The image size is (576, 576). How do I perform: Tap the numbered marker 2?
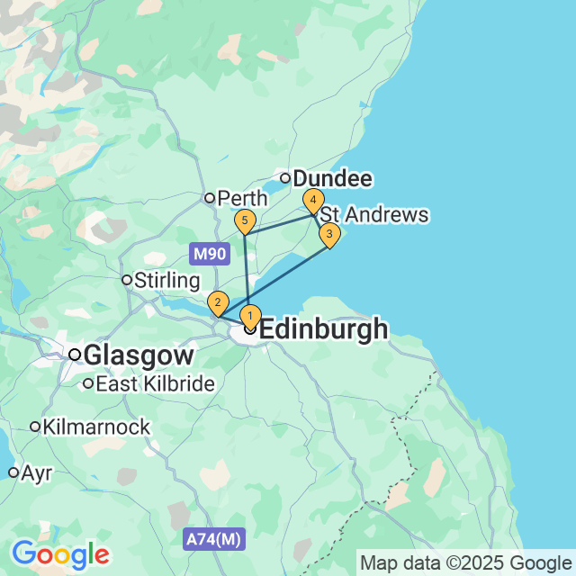217,303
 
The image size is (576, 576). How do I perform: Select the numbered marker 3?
329,236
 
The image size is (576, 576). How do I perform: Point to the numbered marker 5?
244,220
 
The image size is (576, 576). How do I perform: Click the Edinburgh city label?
324,329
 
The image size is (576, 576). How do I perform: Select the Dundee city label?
332,179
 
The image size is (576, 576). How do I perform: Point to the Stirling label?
166,280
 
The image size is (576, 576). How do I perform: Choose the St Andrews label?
374,215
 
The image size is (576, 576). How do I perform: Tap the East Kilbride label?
155,384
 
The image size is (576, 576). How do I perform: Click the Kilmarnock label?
96,427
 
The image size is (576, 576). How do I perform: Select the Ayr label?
37,472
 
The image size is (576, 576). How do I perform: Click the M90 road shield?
208,253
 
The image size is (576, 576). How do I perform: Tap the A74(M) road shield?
213,540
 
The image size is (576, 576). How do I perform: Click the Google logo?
60,553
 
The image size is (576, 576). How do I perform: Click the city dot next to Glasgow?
75,355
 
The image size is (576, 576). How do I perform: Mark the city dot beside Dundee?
284,178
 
